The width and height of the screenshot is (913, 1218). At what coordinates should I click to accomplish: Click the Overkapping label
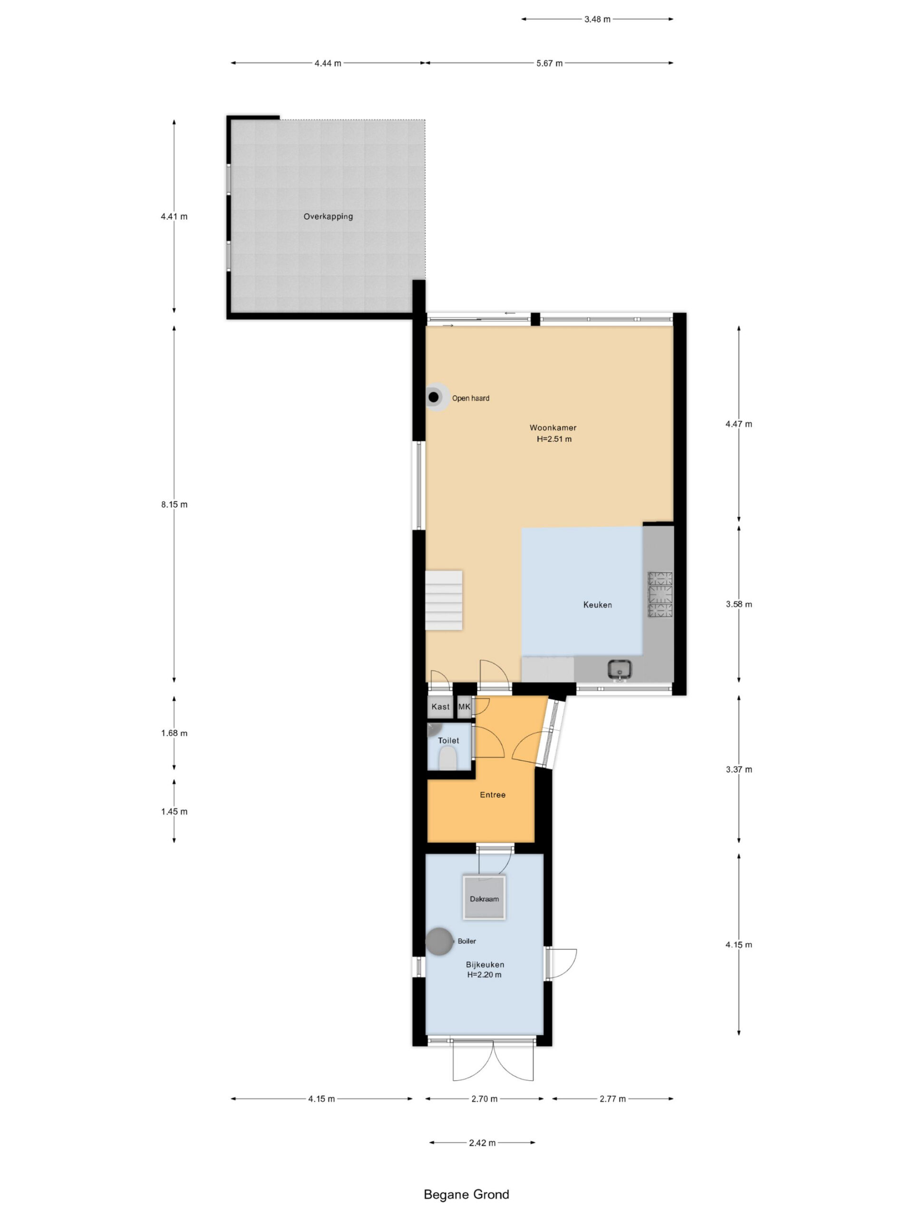click(328, 216)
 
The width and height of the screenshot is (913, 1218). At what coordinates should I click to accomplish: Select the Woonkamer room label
click(553, 428)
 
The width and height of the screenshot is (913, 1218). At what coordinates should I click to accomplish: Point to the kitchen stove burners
click(660, 594)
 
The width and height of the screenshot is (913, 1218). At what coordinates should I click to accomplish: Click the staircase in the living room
click(444, 600)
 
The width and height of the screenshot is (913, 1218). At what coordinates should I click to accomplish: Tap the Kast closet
click(440, 707)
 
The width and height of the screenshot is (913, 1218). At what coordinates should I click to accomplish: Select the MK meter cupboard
click(465, 707)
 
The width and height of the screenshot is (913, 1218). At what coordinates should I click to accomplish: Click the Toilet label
click(448, 741)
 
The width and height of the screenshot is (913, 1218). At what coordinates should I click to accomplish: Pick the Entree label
click(493, 795)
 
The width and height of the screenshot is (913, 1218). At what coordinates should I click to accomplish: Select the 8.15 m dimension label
click(175, 504)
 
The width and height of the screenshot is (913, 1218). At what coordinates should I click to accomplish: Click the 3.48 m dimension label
click(597, 20)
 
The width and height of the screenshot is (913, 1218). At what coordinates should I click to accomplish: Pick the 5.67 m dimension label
click(549, 63)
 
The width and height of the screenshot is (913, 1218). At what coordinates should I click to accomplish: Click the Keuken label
click(598, 605)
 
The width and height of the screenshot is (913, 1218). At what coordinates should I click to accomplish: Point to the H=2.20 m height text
click(484, 974)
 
